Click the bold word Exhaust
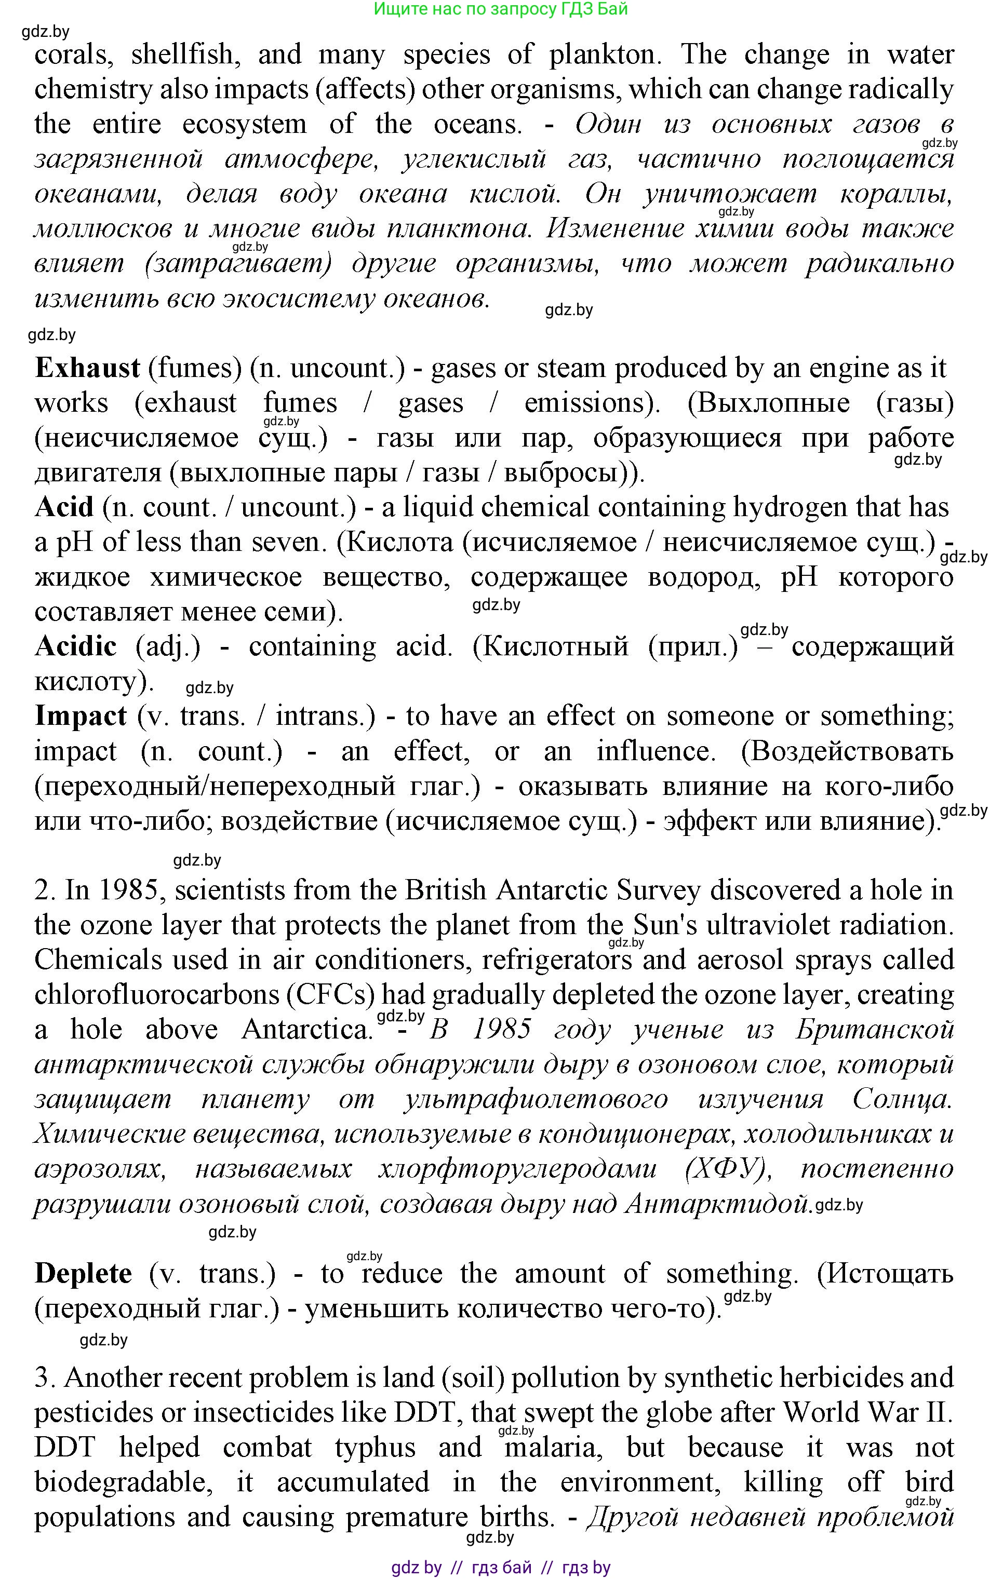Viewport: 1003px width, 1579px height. pyautogui.click(x=87, y=369)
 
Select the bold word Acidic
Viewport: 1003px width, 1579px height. pyautogui.click(x=75, y=646)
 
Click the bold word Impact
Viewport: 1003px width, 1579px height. pyautogui.click(x=81, y=716)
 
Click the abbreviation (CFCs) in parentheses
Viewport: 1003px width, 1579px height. pyautogui.click(x=330, y=995)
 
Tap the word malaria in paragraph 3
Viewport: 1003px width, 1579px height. pyautogui.click(x=553, y=1447)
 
